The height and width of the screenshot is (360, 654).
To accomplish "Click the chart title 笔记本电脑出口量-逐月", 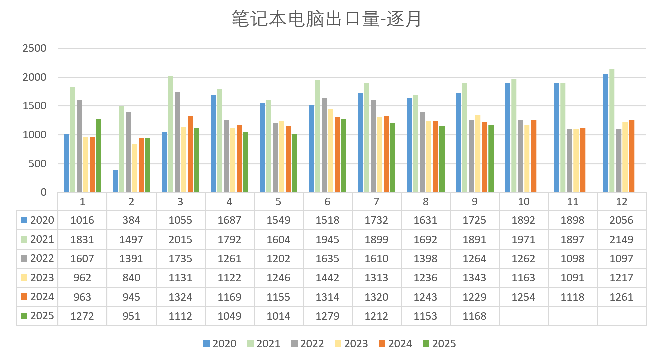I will point(327,19).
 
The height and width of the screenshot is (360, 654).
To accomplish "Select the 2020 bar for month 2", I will point(115,181).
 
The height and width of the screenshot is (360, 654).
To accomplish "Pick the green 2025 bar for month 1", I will point(98,156).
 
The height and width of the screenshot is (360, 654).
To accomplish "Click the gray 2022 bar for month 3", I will point(177,142).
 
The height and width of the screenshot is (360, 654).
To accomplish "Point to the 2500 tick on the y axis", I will point(34,48).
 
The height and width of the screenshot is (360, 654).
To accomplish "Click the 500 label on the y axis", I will point(38,164).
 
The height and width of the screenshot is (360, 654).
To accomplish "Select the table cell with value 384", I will point(131,220).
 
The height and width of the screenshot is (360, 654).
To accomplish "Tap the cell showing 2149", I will point(622,240).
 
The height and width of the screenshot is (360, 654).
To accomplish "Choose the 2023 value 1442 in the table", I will point(327,278).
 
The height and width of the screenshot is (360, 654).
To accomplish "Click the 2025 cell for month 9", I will point(474,316).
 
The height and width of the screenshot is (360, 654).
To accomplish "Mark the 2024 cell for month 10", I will point(523,297).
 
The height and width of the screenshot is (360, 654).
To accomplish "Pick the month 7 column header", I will point(376,202).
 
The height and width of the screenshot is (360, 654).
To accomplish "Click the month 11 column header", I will point(572,202).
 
